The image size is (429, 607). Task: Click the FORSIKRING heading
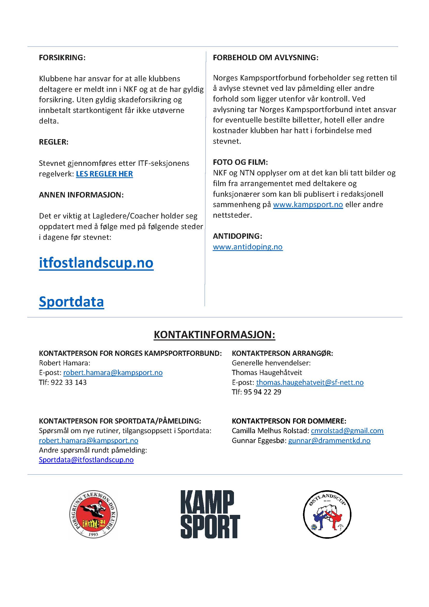[x=62, y=58]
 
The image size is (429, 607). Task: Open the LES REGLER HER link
[x=104, y=174]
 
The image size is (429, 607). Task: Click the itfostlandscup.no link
[x=96, y=263]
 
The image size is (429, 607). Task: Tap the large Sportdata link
[x=71, y=302]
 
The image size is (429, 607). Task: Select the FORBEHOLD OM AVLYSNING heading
[x=266, y=58]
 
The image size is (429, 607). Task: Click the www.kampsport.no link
[x=308, y=204]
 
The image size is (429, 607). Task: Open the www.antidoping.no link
[x=247, y=247]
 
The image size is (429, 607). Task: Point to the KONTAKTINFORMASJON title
[x=214, y=335]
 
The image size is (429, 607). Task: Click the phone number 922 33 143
[x=69, y=382]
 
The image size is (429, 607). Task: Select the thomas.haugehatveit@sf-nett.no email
[x=310, y=382]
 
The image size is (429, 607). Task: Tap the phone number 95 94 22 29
[x=262, y=392]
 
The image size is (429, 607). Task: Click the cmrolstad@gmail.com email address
[x=347, y=431]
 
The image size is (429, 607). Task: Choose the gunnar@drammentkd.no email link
[x=329, y=440]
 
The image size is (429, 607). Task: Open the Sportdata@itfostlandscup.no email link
[x=86, y=460]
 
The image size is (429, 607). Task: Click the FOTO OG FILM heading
[x=240, y=162]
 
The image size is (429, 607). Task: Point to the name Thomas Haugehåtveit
[x=267, y=372]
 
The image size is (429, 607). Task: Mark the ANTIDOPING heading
[x=238, y=236]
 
